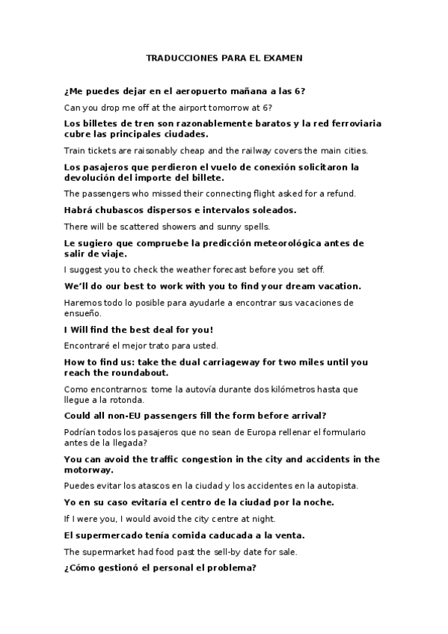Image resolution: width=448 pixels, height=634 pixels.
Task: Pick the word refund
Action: [341, 194]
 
